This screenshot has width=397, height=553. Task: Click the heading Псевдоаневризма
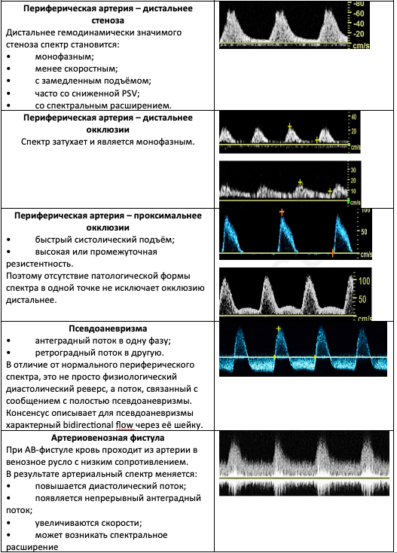pos(108,328)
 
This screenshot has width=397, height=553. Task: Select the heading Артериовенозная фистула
pos(108,438)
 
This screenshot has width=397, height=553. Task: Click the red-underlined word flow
pos(125,425)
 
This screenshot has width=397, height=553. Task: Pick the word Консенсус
pos(27,413)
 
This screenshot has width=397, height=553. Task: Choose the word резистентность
pos(35,264)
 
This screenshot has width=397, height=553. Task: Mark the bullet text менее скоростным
pos(77,69)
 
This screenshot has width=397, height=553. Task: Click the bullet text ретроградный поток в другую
pos(99,353)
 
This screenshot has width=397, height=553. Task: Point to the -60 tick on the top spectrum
pos(359,14)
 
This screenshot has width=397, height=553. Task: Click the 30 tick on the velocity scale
pos(353,170)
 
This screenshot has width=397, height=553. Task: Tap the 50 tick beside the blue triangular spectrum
pos(364,232)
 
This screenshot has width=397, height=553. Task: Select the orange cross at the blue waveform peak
pos(282,212)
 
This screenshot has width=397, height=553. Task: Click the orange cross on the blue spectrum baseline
pos(332,253)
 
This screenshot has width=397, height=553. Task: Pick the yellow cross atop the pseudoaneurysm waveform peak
pos(278,328)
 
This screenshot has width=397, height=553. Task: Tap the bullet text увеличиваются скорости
pos(88,523)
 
